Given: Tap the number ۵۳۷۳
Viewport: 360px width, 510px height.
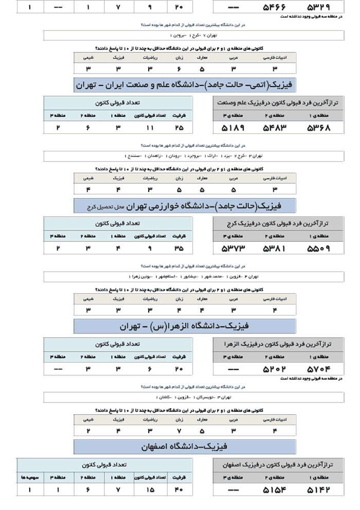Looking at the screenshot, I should (x=233, y=249).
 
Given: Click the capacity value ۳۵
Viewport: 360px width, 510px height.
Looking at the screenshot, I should (x=179, y=249).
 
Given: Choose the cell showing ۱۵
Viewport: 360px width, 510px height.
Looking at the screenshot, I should (x=150, y=489).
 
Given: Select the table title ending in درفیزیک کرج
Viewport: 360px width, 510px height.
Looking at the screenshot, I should (x=278, y=223).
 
